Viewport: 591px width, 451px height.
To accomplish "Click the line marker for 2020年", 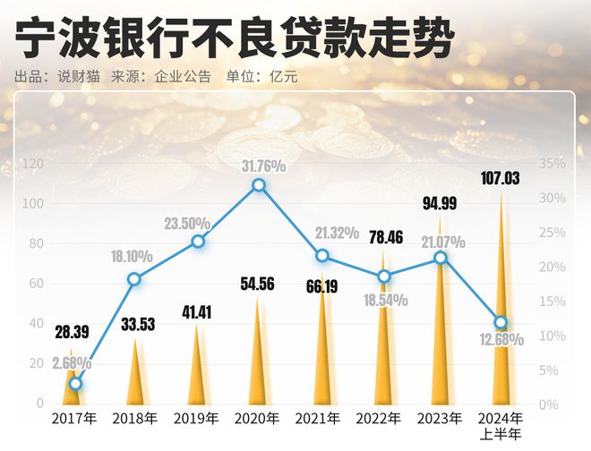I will (x=259, y=185).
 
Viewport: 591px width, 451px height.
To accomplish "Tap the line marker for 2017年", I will (x=76, y=384).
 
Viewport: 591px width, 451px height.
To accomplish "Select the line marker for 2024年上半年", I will (x=501, y=322).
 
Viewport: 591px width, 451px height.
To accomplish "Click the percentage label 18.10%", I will (x=133, y=257).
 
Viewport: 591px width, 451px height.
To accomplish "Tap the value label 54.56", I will (x=257, y=285).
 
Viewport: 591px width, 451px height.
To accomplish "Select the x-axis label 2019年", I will (x=197, y=418).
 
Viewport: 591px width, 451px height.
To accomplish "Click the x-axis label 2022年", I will (x=380, y=418).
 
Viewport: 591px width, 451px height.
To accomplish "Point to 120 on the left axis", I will (x=33, y=164).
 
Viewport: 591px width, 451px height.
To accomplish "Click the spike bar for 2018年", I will (x=137, y=376).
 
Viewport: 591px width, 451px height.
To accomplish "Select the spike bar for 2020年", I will (x=259, y=358).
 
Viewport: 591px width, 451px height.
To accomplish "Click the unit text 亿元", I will (x=283, y=76).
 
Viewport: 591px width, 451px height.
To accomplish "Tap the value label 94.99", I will (x=440, y=203).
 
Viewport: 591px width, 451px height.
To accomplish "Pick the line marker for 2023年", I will (x=441, y=258).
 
